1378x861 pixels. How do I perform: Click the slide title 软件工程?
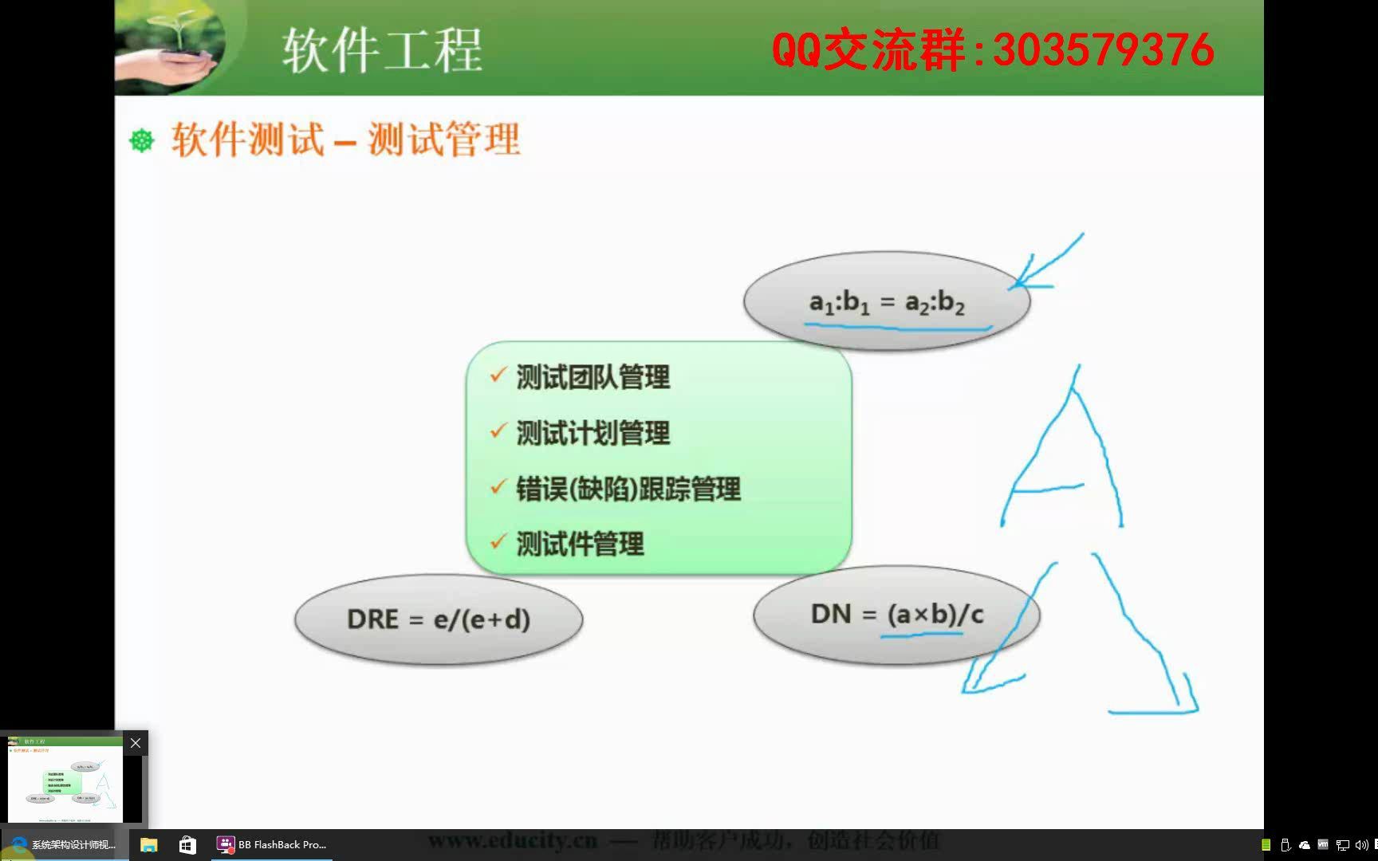coord(382,49)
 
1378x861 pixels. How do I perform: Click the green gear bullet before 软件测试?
coord(142,141)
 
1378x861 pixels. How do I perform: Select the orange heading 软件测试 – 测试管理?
coord(346,140)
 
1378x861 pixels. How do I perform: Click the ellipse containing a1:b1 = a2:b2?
coord(886,301)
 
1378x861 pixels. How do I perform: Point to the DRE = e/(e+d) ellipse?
coord(438,619)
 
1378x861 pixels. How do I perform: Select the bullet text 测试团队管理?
coord(593,377)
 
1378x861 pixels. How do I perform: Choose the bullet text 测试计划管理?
coord(593,433)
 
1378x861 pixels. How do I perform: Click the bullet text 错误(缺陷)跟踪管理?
coord(628,489)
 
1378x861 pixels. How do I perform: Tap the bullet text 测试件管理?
coord(580,545)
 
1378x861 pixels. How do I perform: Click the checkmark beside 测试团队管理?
coord(498,375)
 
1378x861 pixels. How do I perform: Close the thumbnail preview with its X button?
coord(136,743)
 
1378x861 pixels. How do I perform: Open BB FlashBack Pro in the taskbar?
coord(273,844)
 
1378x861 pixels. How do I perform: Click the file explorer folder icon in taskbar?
coord(149,844)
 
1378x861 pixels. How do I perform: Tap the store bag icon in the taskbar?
coord(187,844)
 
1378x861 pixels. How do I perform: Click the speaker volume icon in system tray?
coord(1360,845)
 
